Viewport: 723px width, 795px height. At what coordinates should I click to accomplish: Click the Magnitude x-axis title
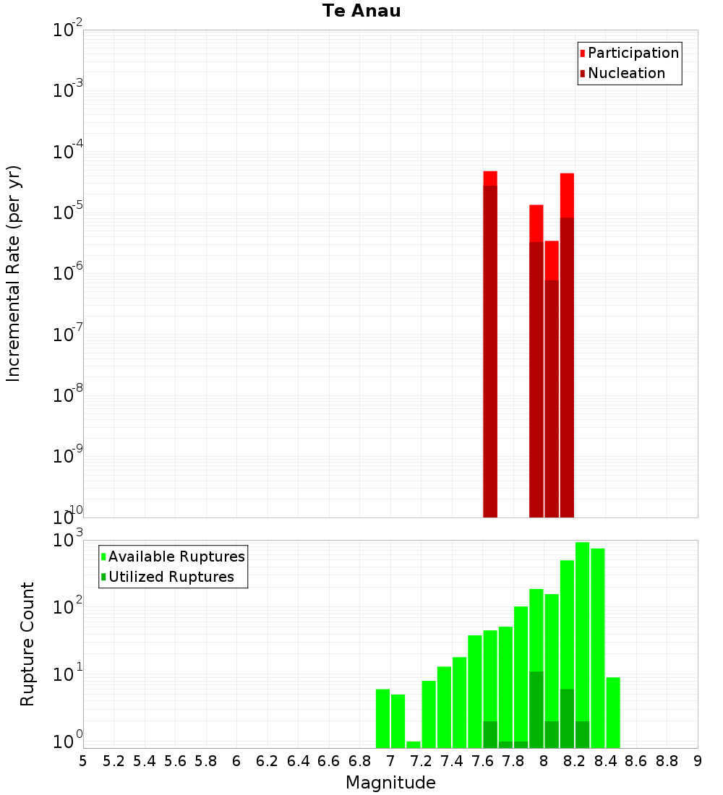click(x=390, y=783)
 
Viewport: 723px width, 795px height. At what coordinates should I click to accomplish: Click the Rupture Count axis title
click(x=27, y=643)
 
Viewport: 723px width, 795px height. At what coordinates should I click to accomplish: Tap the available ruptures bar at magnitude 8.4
click(x=613, y=712)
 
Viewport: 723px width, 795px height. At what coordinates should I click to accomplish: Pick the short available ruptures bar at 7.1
click(x=414, y=744)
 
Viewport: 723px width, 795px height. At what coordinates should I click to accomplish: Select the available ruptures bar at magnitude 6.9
click(x=382, y=718)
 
